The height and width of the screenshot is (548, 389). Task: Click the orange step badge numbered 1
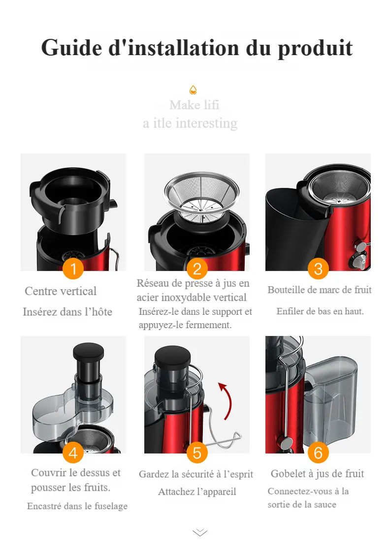[x=73, y=269]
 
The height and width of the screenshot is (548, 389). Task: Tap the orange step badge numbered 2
[x=197, y=269]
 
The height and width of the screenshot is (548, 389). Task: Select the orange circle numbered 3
[x=318, y=269]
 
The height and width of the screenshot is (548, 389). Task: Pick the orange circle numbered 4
[x=73, y=453]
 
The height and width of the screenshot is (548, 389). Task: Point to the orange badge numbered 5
[x=197, y=453]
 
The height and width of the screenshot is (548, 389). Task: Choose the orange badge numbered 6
[x=318, y=453]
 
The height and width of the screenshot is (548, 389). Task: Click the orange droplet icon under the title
[x=193, y=90]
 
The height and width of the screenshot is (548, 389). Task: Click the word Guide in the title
[x=72, y=48]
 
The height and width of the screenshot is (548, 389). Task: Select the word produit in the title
[x=315, y=49]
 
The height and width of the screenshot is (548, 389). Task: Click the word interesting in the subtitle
[x=206, y=123]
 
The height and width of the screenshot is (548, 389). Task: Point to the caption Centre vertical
[x=61, y=291]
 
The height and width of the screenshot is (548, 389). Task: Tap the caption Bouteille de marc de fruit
[x=320, y=290]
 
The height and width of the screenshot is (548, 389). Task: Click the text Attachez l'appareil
[x=197, y=492]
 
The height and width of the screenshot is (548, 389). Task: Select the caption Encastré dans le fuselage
[x=77, y=506]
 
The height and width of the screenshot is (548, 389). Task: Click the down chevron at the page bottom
[x=200, y=532]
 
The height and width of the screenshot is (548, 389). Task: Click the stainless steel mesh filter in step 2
[x=202, y=197]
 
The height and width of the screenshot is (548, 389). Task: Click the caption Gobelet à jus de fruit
[x=317, y=474]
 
